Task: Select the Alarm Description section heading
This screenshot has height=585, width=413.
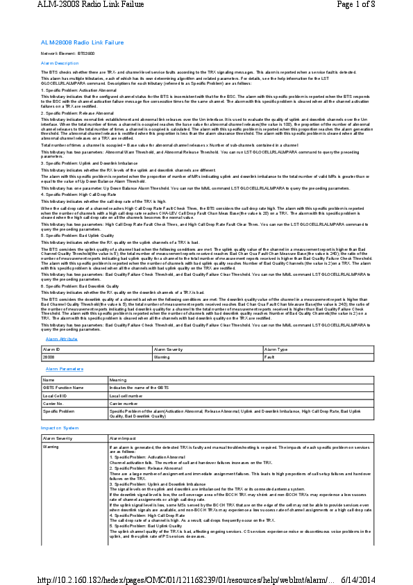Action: click(60, 63)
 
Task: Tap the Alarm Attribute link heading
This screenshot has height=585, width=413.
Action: click(61, 338)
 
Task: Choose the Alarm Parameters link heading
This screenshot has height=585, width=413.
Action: click(64, 368)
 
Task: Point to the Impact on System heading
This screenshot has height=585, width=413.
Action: click(60, 428)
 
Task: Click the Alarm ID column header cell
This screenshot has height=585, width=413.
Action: click(52, 349)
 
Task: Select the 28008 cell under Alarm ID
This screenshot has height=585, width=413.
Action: click(50, 356)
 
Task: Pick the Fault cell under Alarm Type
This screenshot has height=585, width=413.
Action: click(270, 356)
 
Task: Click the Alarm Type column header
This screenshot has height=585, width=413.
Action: click(276, 349)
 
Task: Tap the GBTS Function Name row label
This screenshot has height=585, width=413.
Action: click(63, 387)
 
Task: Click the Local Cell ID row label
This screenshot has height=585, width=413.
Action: click(55, 395)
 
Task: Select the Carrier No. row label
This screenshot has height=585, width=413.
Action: click(53, 402)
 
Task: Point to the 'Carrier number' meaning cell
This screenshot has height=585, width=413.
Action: click(124, 402)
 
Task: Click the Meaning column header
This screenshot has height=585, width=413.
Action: click(118, 380)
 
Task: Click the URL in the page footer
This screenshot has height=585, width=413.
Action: click(186, 578)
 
